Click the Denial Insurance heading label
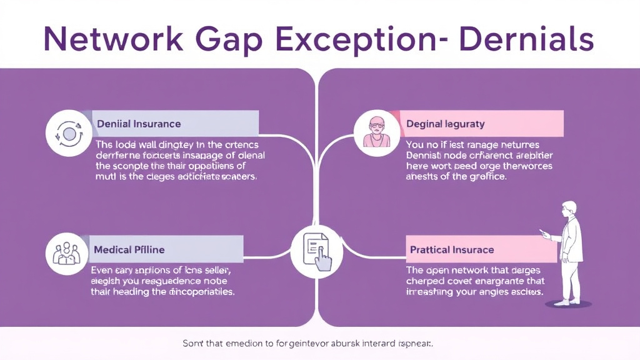139,124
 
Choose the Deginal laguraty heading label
446,124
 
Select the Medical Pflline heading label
129,249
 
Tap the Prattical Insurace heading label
452,249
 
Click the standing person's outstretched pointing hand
544,235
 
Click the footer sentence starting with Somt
308,344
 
